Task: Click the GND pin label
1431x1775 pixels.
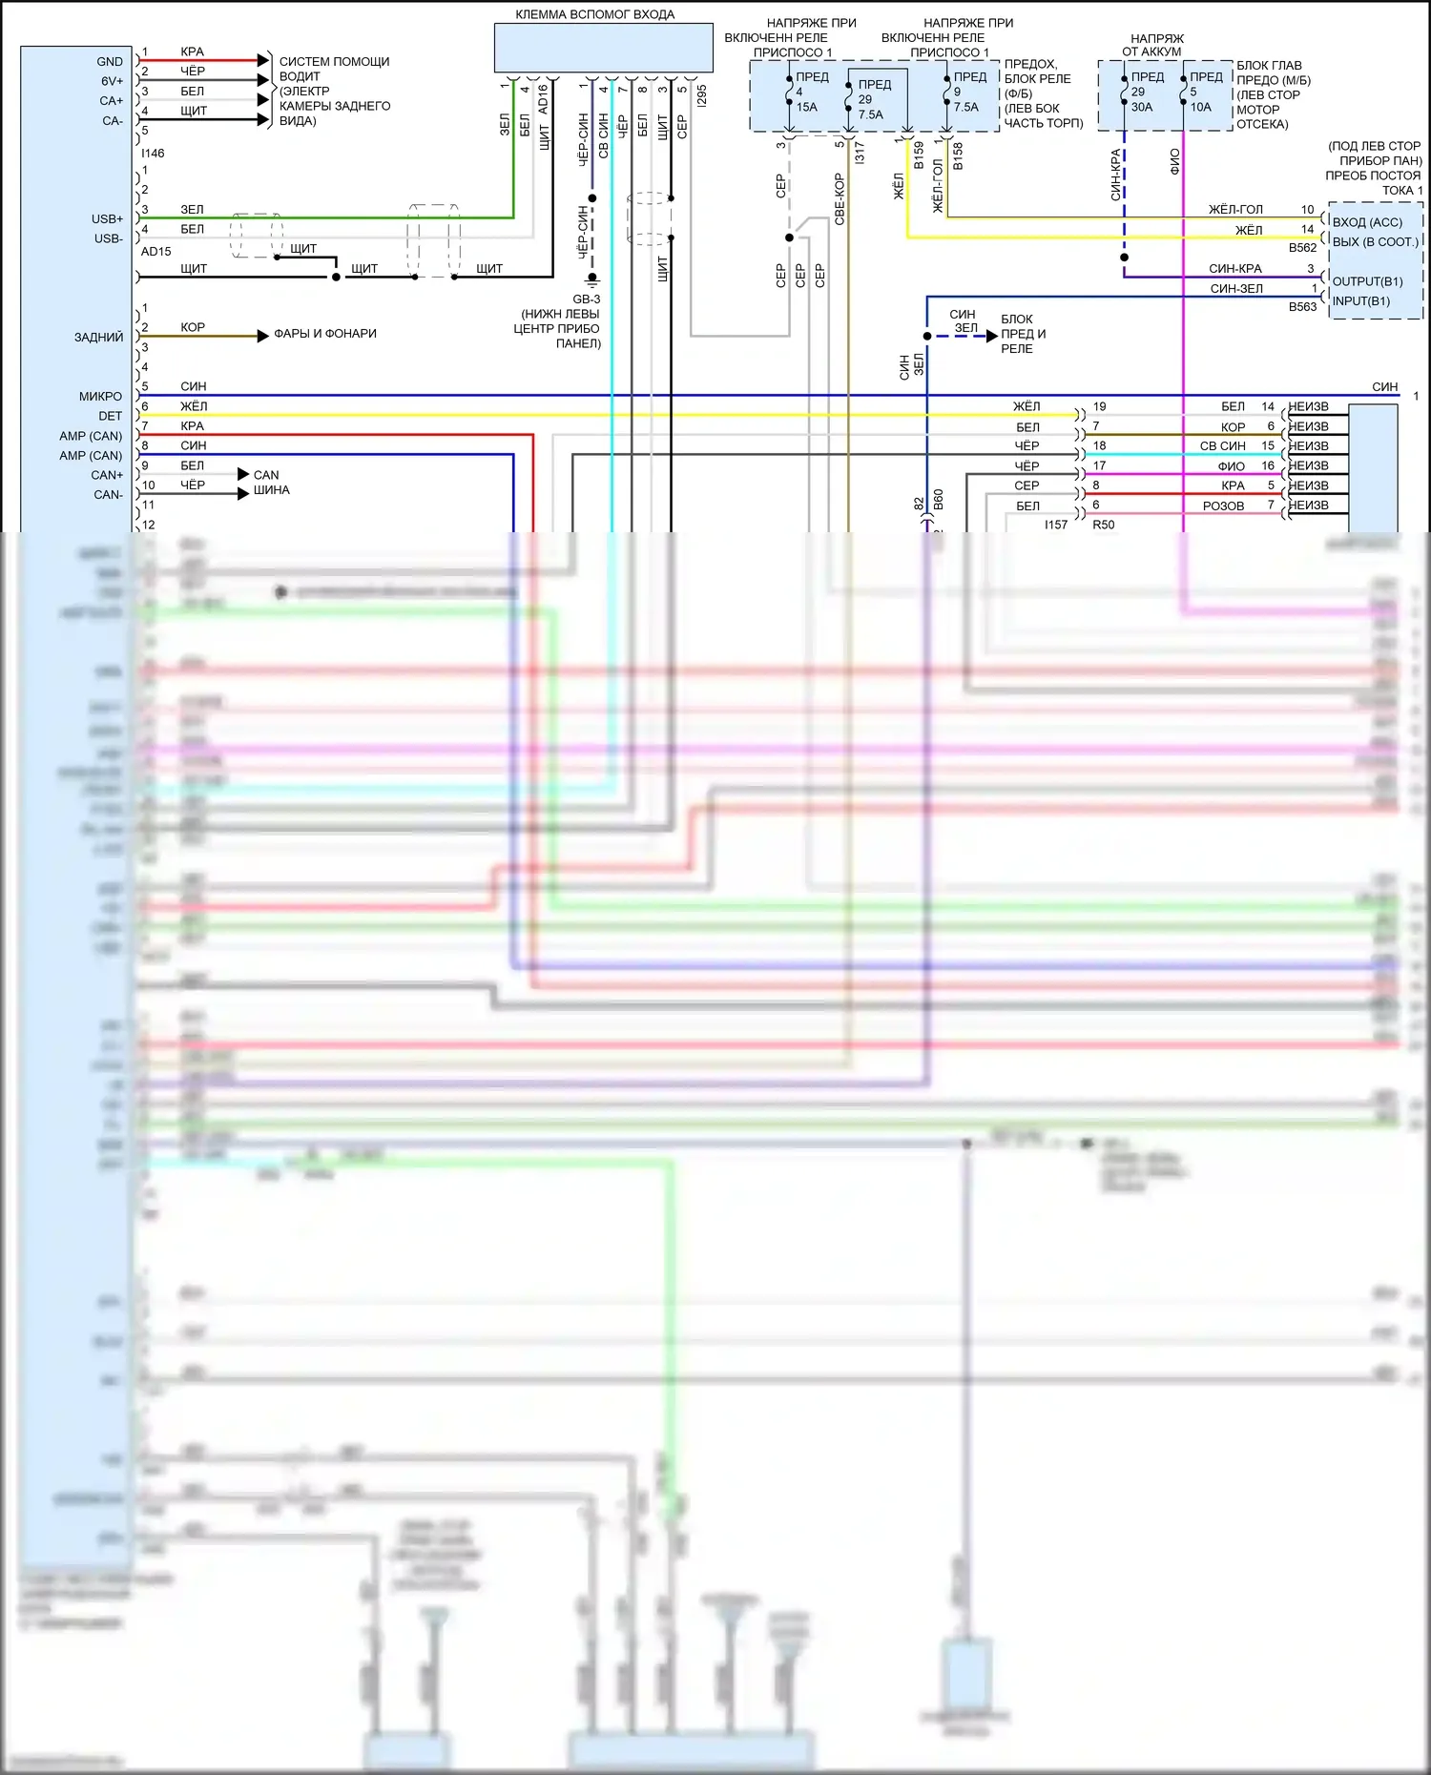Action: (110, 61)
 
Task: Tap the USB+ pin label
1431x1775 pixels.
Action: (107, 218)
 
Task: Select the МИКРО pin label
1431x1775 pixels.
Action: (100, 396)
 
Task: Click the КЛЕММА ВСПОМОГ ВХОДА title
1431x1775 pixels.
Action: (594, 14)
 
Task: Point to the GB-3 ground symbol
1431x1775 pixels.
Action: (591, 280)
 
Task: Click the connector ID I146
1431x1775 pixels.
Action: (153, 153)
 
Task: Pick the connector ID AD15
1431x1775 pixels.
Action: (156, 252)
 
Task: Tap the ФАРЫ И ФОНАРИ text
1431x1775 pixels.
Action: (324, 333)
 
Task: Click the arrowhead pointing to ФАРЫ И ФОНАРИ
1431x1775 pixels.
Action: (263, 336)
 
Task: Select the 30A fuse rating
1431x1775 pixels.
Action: (1141, 107)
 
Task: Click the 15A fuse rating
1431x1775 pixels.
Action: (806, 107)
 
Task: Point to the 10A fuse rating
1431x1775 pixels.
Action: (1200, 107)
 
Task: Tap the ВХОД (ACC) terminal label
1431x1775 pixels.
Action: (1367, 222)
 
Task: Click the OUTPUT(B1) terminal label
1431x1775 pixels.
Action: (1367, 281)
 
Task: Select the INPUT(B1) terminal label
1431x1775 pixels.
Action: (1360, 300)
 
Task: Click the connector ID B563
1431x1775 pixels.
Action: (1302, 307)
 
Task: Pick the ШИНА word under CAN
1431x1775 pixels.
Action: (271, 490)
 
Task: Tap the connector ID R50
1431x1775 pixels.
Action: (1103, 525)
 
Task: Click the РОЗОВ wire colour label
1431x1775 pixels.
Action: (1223, 506)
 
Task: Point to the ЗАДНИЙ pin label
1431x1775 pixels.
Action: (98, 337)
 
